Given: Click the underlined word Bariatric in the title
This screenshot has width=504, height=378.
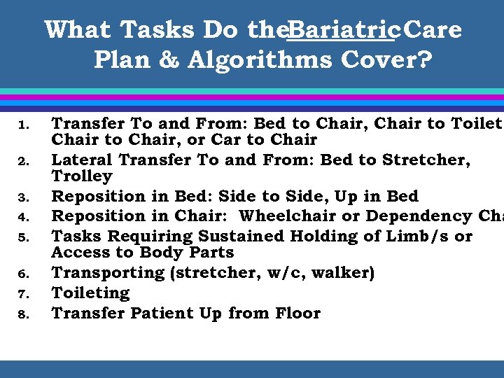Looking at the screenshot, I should coord(344,30).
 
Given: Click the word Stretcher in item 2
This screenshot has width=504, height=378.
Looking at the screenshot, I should coord(426,160).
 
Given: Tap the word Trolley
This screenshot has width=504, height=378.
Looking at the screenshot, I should coord(82,176).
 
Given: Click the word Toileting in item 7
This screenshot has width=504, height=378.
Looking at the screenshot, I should coord(91,293).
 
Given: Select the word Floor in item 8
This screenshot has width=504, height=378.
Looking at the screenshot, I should coord(295,313).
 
